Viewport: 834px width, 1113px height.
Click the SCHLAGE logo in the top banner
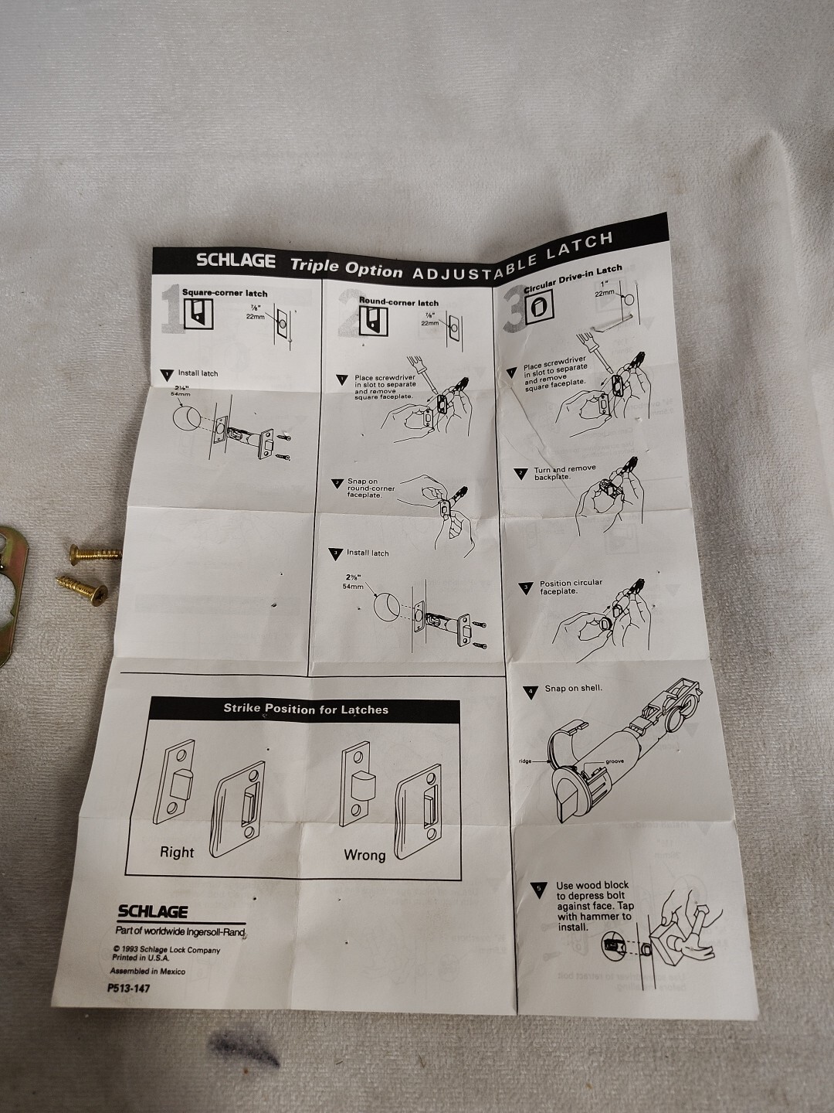[x=236, y=260]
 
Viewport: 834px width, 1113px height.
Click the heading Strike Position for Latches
[x=306, y=709]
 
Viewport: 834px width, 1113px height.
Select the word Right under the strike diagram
[x=177, y=853]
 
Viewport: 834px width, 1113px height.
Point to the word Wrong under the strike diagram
[x=364, y=855]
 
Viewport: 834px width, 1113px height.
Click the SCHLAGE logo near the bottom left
[x=152, y=912]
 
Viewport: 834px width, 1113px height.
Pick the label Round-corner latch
[x=398, y=302]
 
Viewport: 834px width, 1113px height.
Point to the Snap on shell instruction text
[x=573, y=688]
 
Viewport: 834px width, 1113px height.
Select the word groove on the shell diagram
[x=615, y=761]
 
